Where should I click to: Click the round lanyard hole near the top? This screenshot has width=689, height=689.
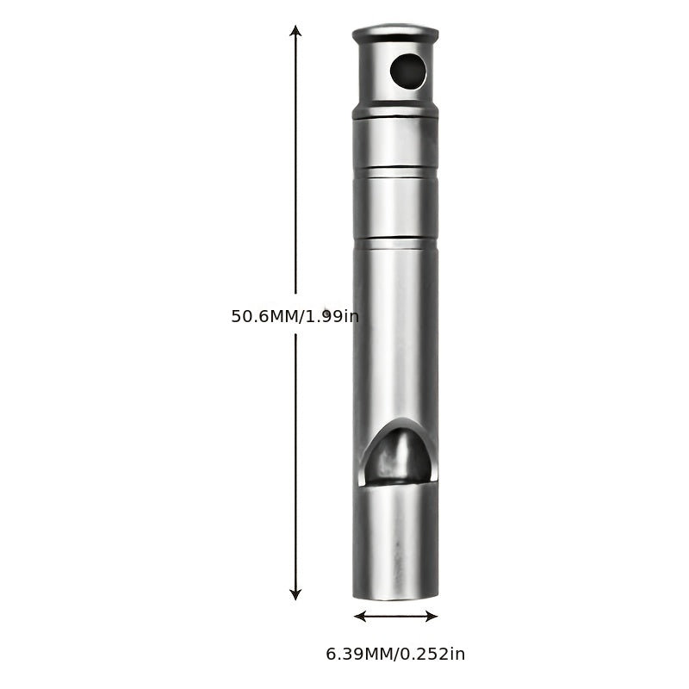[x=408, y=71]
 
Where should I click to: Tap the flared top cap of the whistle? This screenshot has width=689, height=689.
[x=395, y=34]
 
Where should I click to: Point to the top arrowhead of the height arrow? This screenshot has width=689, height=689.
[x=295, y=31]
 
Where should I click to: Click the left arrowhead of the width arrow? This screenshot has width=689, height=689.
[x=360, y=617]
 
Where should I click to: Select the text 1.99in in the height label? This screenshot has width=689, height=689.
[x=332, y=316]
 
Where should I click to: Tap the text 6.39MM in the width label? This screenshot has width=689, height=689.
[x=359, y=655]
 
